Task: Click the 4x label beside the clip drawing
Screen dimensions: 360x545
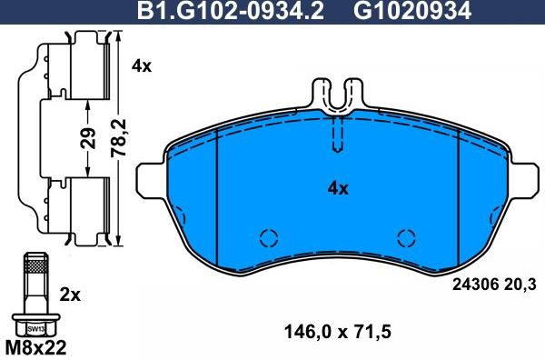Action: [140, 65]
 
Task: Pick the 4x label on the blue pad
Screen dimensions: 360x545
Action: [337, 189]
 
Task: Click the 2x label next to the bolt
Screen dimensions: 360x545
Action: [70, 295]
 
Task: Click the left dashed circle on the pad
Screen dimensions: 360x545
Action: [268, 238]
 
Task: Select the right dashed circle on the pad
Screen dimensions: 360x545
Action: [406, 238]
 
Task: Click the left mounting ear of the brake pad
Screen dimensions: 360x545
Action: [149, 180]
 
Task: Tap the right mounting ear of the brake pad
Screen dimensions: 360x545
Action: [525, 180]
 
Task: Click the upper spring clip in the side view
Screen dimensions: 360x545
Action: [77, 68]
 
